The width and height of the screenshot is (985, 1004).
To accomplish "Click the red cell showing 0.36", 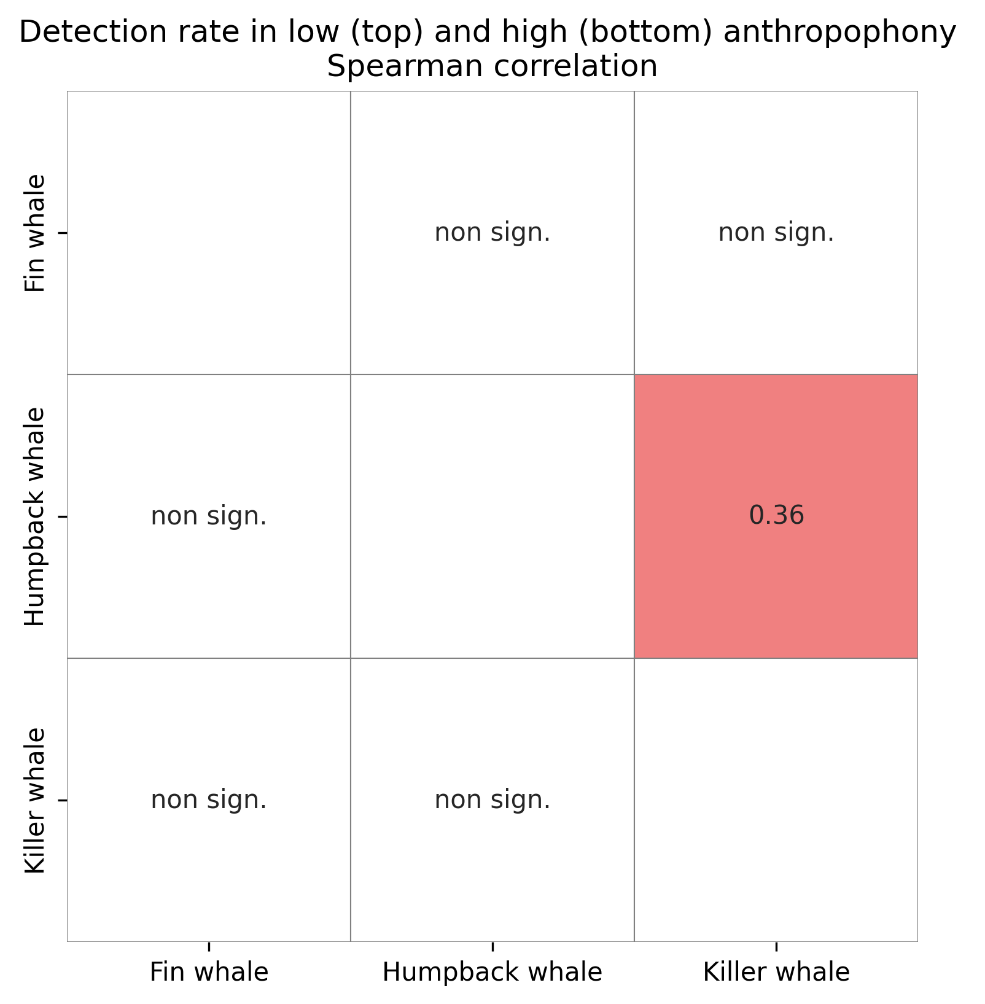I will [x=776, y=516].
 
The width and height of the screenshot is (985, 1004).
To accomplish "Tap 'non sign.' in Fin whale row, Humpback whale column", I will [x=492, y=233].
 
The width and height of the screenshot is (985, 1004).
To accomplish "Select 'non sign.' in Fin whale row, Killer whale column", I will [x=776, y=233].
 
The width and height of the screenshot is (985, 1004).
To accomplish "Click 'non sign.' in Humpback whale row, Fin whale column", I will [x=209, y=516].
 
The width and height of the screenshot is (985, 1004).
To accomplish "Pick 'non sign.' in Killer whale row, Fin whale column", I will [x=209, y=800].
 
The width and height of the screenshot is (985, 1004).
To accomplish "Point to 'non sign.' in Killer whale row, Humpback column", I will [x=492, y=800].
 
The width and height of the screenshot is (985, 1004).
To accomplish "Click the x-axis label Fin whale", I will [x=209, y=973].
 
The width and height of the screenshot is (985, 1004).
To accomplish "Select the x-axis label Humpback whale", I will [x=492, y=973].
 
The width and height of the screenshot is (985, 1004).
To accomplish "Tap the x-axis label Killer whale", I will [x=776, y=973].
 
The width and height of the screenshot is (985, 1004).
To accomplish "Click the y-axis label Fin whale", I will [x=36, y=233].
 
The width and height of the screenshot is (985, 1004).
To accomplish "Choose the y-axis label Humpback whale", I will [x=36, y=516].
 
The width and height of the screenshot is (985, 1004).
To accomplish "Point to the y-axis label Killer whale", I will [x=36, y=800].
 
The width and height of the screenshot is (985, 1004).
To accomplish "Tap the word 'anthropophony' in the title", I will [x=839, y=33].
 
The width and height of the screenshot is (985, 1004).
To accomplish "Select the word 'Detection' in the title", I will [x=84, y=33].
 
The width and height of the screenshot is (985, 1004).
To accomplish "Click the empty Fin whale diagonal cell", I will [x=209, y=233].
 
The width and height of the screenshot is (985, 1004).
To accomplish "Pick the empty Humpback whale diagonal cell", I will [x=492, y=516].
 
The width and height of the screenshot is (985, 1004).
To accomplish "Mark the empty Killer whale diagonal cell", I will [x=776, y=800].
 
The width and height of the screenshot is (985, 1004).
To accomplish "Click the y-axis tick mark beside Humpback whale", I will [x=62, y=517].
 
